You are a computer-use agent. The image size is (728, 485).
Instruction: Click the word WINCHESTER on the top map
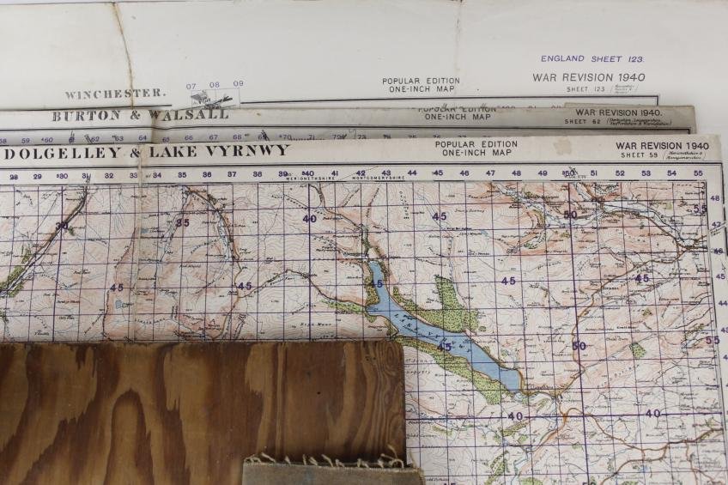click(x=115, y=94)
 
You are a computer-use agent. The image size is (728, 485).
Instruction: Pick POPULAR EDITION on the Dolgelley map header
click(x=476, y=144)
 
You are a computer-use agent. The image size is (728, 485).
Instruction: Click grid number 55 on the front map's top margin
click(x=697, y=173)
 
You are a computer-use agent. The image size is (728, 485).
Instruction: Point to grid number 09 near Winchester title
click(x=238, y=84)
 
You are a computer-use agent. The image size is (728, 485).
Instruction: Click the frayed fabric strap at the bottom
click(x=331, y=470)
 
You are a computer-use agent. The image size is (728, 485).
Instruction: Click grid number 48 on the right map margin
click(x=714, y=198)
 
